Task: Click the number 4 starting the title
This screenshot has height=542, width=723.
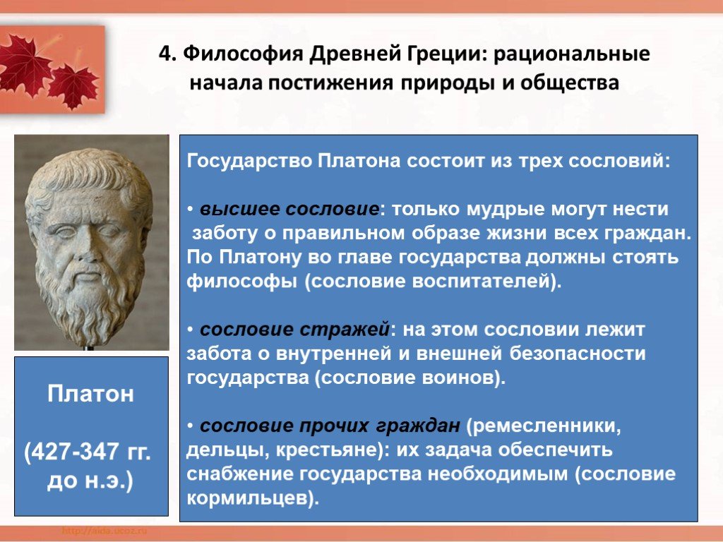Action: pos(165,54)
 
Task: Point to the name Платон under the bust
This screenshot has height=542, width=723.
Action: pos(90,394)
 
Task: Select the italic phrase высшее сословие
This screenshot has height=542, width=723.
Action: pos(289,209)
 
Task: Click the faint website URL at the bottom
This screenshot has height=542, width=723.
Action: pos(104,531)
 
